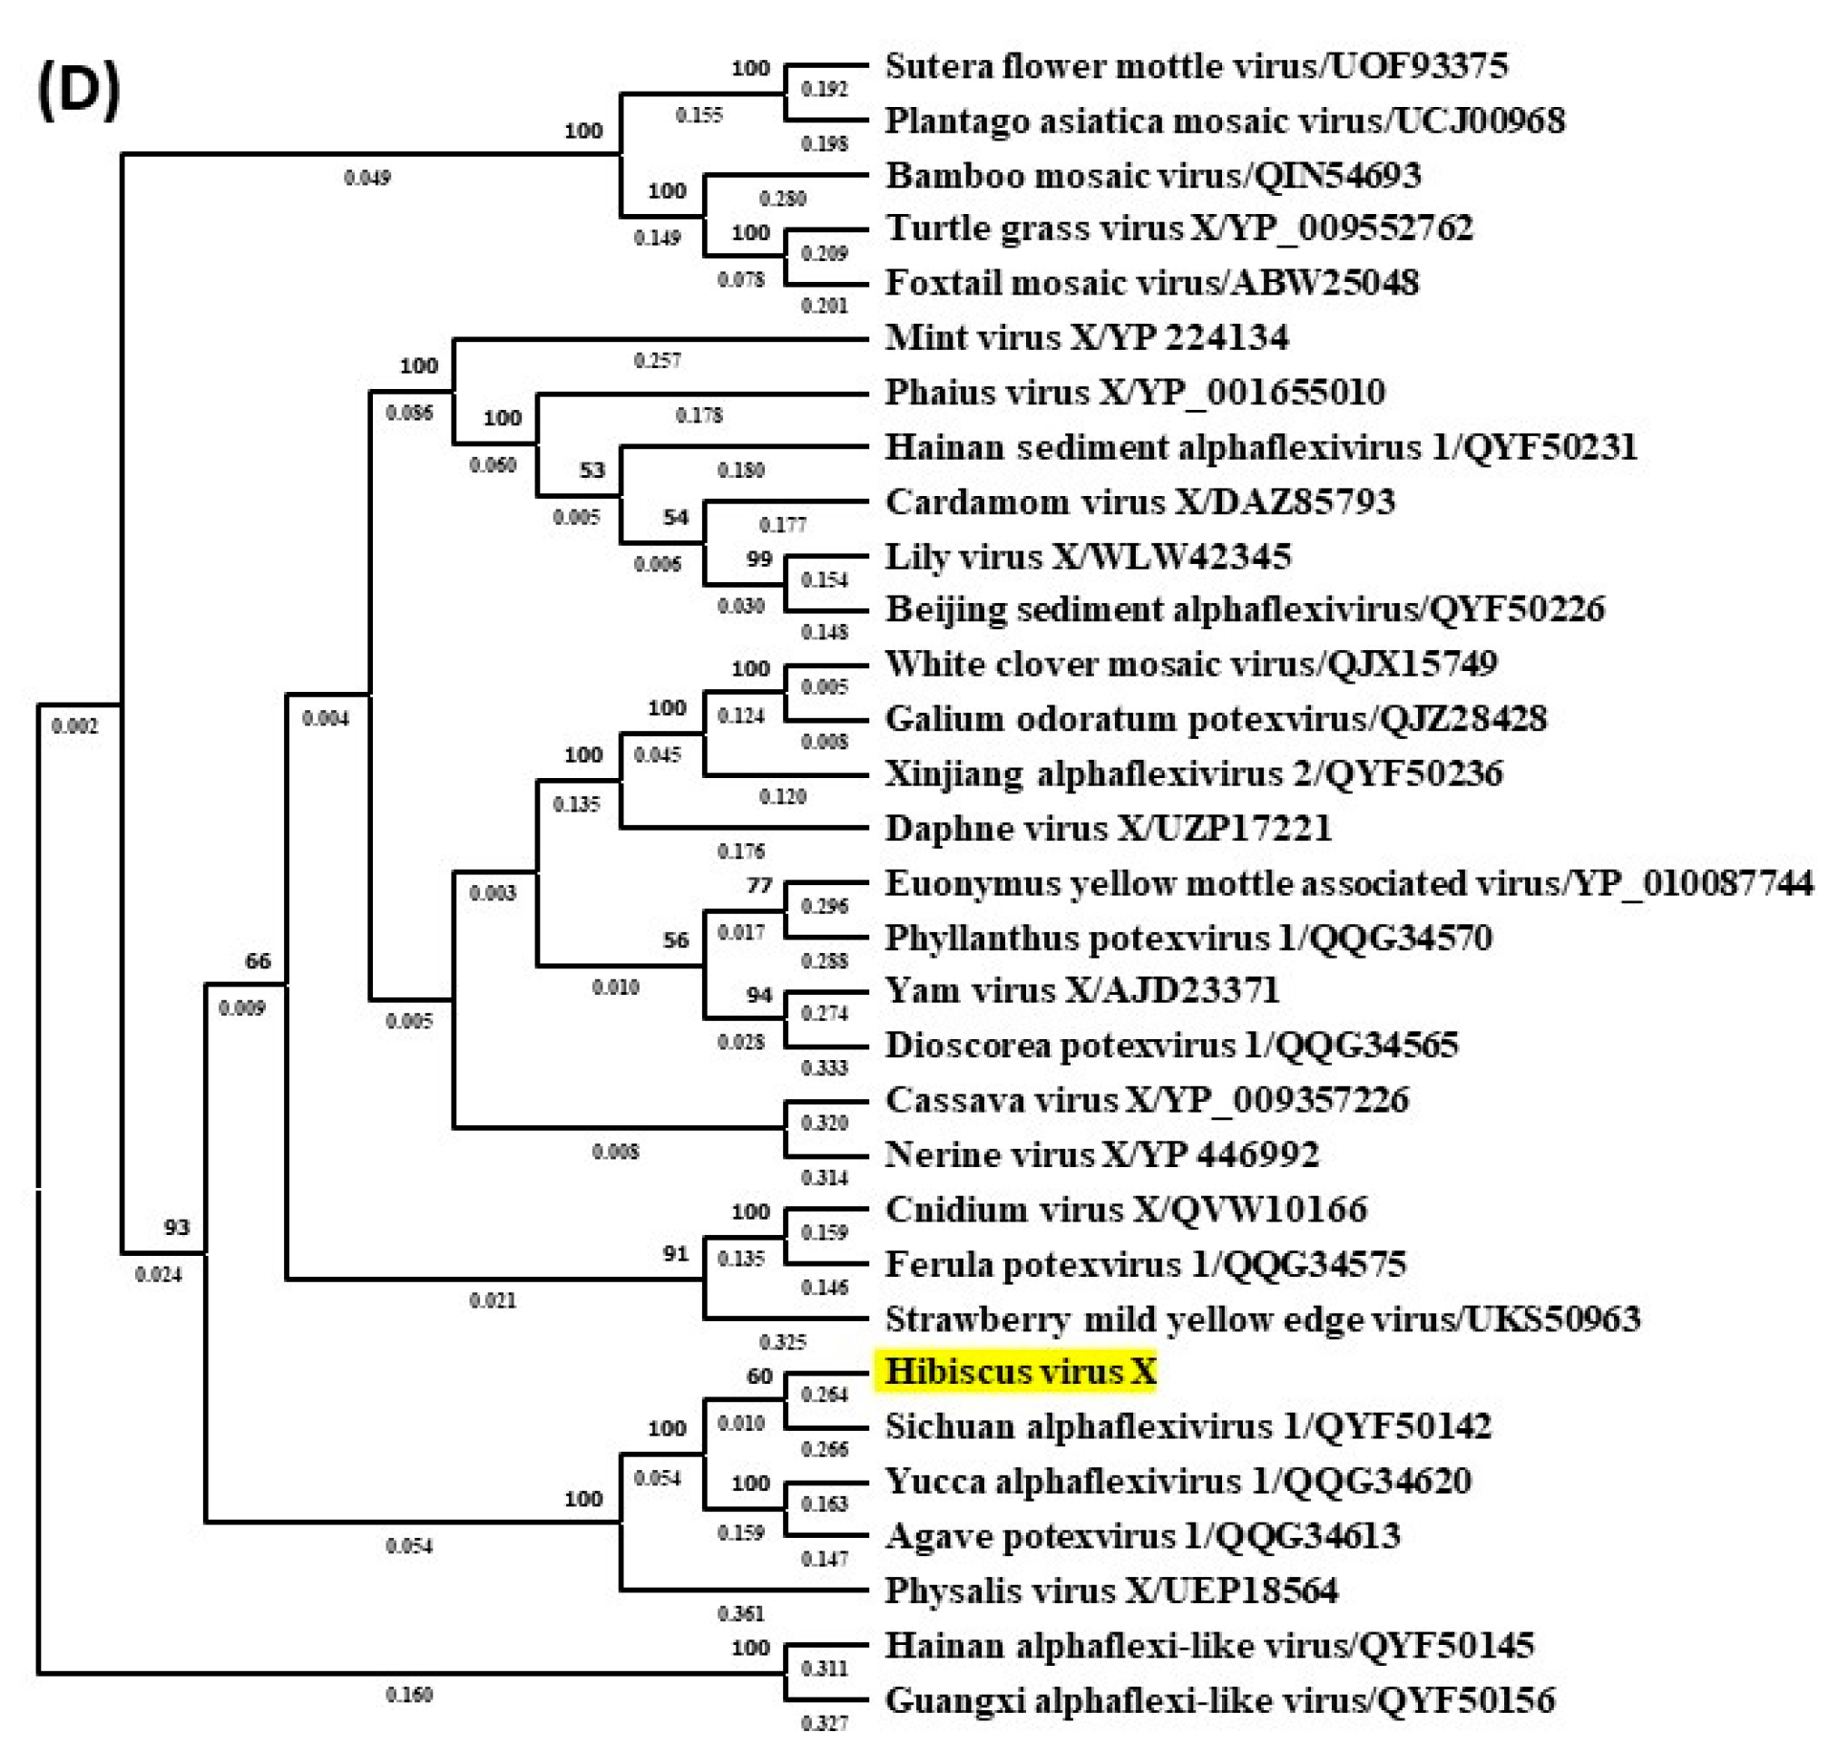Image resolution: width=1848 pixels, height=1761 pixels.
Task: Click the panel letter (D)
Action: pyautogui.click(x=79, y=91)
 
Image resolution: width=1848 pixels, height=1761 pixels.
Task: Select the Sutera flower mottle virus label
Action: pyautogui.click(x=1196, y=65)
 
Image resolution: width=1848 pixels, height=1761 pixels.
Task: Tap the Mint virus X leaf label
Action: pyautogui.click(x=1087, y=337)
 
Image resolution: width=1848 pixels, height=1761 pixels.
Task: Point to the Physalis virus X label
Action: pyautogui.click(x=1110, y=1591)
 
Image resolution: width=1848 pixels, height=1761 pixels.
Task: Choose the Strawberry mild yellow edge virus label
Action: pyautogui.click(x=1262, y=1318)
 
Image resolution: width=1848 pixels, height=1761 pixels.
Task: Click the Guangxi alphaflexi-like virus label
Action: pyautogui.click(x=1220, y=1700)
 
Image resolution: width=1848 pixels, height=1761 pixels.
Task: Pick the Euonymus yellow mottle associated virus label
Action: pyautogui.click(x=1348, y=883)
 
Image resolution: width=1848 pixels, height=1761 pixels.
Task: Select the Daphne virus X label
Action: pyautogui.click(x=1108, y=828)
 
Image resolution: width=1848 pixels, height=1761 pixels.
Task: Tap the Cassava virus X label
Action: pyautogui.click(x=1147, y=1099)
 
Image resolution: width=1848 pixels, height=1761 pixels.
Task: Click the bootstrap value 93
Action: pyautogui.click(x=177, y=1227)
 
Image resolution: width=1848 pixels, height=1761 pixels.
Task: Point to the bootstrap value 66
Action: pyautogui.click(x=258, y=960)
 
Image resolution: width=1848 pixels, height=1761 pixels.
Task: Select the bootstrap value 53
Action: pyautogui.click(x=592, y=470)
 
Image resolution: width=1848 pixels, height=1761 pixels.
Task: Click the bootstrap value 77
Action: pyautogui.click(x=758, y=885)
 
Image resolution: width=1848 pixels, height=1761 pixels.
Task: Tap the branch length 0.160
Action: pyautogui.click(x=408, y=1695)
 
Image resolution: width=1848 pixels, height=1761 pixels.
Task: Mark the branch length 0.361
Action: pyautogui.click(x=741, y=1613)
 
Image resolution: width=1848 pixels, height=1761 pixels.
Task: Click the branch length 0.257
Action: pyautogui.click(x=658, y=361)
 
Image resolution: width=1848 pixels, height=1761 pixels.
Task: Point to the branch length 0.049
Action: pyautogui.click(x=367, y=178)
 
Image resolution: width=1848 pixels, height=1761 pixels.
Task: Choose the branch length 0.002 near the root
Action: pyautogui.click(x=74, y=725)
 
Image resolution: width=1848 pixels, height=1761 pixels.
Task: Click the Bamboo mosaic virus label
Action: pyautogui.click(x=1152, y=176)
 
